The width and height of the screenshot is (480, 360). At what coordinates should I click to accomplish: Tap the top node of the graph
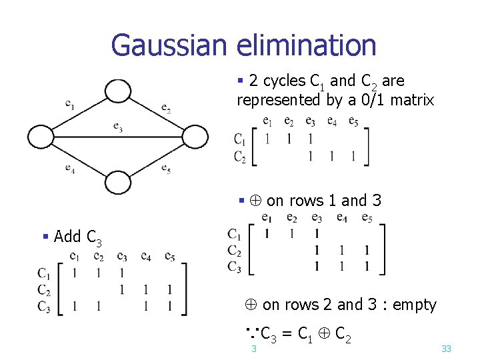coord(118,91)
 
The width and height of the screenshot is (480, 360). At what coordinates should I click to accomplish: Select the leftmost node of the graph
coord(40,137)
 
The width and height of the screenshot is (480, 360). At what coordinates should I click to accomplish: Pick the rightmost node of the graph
coord(195,137)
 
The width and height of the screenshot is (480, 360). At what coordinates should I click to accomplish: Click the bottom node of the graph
coord(118,182)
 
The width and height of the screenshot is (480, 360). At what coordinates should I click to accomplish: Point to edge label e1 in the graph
coord(70,104)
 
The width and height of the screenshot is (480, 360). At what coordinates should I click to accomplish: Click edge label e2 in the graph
coord(166,109)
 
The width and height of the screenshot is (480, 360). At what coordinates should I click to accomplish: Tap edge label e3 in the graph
coord(117,126)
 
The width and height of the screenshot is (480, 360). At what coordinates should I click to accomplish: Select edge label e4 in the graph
coord(70,168)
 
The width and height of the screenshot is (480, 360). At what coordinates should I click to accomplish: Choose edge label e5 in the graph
coord(166,169)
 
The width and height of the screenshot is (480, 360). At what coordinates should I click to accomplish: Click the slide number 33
coord(446,349)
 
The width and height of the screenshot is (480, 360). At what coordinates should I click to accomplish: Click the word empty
coord(414,305)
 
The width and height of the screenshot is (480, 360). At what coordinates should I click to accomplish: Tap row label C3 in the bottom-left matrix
coord(44,307)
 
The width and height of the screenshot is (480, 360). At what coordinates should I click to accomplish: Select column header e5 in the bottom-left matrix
coord(170,257)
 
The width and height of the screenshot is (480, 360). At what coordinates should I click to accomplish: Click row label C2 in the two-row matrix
coord(240,157)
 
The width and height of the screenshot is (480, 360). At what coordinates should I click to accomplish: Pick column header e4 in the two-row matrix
coord(331,121)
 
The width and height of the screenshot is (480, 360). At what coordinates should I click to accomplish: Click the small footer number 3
coord(253,349)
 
